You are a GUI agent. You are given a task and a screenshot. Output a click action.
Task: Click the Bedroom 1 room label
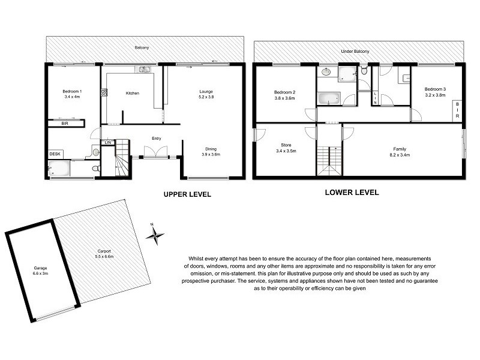[x=71, y=91]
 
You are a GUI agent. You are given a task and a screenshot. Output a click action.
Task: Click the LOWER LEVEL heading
[x=352, y=193]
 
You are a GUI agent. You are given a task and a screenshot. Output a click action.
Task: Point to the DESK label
[x=55, y=154]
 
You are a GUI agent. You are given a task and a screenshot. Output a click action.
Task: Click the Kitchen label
[x=133, y=93]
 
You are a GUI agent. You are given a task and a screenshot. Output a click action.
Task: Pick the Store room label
[x=286, y=145]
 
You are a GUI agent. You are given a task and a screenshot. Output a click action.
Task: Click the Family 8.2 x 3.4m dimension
[x=400, y=154]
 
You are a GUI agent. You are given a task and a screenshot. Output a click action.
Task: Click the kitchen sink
[x=144, y=70]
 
